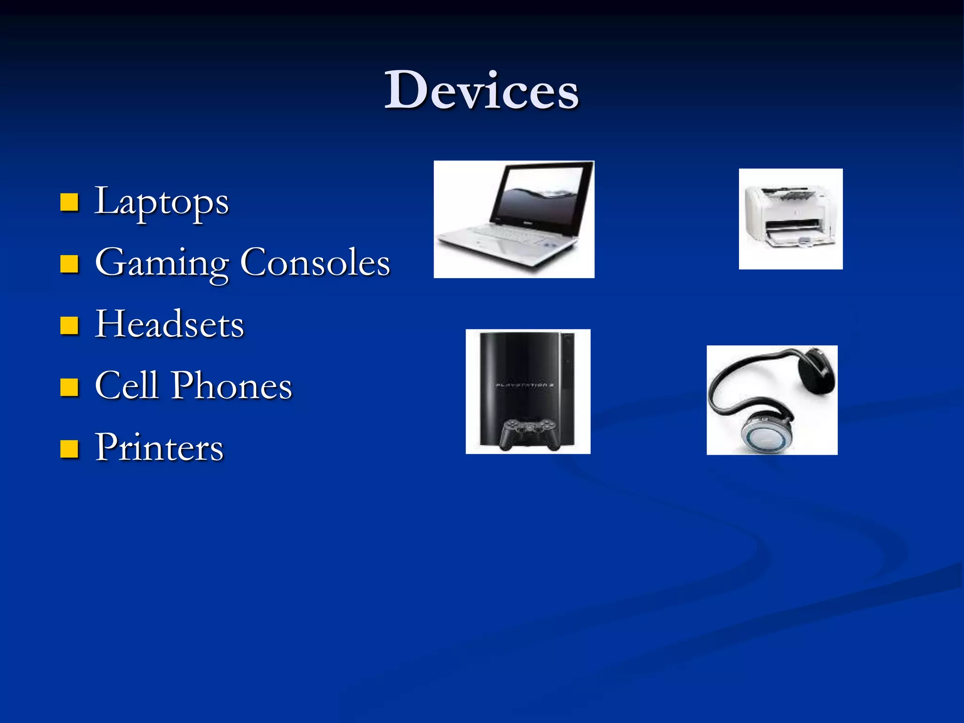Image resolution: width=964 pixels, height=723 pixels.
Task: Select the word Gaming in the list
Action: (161, 263)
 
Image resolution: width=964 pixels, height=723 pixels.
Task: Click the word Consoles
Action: (315, 263)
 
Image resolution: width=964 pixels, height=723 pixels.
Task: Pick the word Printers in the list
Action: (159, 447)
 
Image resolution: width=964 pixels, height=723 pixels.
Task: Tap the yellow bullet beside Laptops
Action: (69, 202)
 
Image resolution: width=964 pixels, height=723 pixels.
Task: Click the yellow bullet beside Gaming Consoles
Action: (69, 264)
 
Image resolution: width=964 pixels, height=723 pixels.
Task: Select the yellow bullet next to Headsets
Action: (69, 325)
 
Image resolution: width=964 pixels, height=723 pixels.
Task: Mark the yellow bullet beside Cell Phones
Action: (69, 387)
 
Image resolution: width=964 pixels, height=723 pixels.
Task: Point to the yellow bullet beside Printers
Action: (69, 449)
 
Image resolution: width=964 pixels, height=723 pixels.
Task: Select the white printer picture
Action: (790, 219)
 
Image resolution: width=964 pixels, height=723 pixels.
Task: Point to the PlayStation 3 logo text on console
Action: (523, 386)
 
